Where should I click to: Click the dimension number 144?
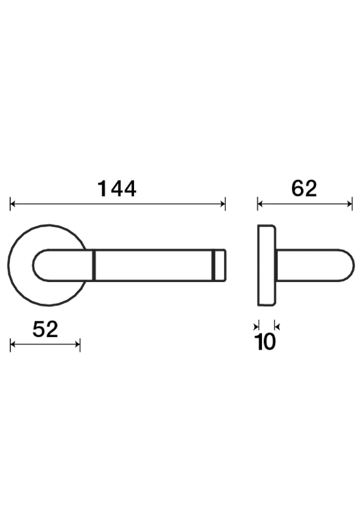[x=117, y=189]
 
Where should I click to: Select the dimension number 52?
[x=45, y=329]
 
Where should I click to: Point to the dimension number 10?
[x=266, y=342]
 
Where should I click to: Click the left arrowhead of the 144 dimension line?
[x=12, y=203]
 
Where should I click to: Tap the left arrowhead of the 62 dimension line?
[x=260, y=203]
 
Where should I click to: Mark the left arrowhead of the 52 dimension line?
[x=12, y=344]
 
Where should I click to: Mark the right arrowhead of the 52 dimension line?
[x=78, y=344]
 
